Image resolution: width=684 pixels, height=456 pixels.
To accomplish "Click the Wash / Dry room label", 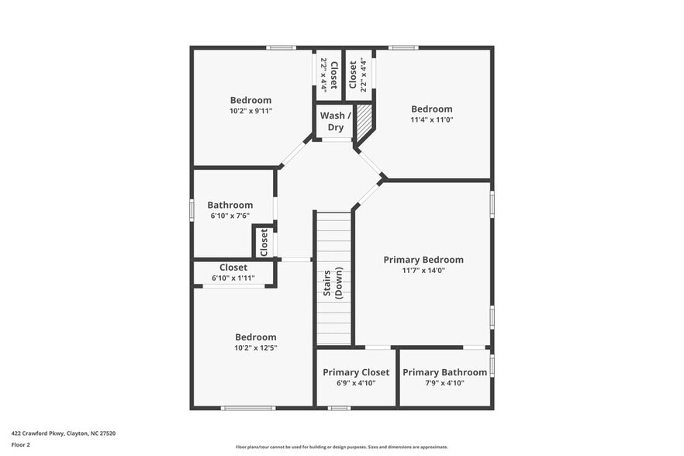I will (335, 122).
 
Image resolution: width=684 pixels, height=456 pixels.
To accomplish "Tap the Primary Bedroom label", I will (423, 260).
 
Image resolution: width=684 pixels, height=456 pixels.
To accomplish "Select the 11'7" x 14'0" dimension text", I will (423, 271).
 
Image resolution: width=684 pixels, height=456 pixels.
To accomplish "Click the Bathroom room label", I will (230, 206).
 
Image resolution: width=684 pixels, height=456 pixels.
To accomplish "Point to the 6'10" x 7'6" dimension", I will (230, 216).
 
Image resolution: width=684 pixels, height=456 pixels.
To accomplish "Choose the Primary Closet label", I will (356, 372).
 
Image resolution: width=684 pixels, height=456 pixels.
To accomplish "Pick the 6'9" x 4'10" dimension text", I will (356, 383).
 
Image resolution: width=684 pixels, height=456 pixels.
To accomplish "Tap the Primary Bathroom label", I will (444, 372).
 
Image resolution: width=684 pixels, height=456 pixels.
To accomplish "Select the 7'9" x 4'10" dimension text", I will (444, 383).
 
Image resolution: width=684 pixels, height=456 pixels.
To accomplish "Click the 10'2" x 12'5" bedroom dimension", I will (255, 348).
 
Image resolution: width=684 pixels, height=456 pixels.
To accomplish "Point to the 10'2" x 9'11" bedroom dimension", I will (250, 111).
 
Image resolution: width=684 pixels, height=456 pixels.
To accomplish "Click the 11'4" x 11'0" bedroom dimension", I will (432, 120).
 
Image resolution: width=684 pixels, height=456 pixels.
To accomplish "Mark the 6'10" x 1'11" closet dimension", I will (233, 278).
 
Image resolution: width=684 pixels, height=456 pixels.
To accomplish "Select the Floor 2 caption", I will (20, 445).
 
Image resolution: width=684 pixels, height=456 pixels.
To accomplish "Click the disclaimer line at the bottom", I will (341, 447).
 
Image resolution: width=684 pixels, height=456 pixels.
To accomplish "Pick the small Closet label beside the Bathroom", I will (264, 242).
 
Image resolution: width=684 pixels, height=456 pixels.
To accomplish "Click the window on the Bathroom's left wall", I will (192, 210).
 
